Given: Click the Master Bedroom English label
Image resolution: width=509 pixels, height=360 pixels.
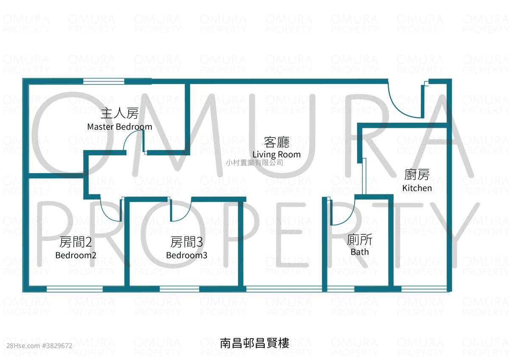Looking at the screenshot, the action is (x=120, y=127).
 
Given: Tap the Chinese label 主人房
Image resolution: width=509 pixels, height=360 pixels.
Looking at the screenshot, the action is (x=120, y=113).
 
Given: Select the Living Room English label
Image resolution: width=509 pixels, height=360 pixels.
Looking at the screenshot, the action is (x=277, y=155).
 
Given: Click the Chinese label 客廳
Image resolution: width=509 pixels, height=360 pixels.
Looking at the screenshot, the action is (x=277, y=142).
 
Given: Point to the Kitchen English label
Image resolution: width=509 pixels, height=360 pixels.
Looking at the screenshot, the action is (x=417, y=188).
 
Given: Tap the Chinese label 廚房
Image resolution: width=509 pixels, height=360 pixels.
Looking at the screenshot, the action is (x=417, y=174).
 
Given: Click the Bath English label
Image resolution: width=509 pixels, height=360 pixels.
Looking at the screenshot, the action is (x=360, y=252).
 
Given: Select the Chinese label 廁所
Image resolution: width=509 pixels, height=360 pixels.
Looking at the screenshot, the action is (x=360, y=239).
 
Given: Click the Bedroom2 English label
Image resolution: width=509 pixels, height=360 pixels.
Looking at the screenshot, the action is (x=76, y=255).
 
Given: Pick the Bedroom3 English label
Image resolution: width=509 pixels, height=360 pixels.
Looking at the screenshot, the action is (x=187, y=255).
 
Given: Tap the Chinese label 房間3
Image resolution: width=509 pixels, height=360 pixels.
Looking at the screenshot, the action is (x=187, y=242).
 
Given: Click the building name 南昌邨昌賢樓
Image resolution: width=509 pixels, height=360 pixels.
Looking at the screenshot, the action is (x=255, y=343).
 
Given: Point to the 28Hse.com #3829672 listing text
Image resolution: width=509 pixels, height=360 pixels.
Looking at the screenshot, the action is (x=39, y=346).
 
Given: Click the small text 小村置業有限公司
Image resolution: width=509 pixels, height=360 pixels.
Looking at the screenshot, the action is (x=255, y=163).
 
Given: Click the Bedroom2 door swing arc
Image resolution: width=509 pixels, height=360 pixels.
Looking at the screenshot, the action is (x=106, y=215).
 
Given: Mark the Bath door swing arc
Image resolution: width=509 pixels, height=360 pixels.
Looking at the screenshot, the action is (x=348, y=218).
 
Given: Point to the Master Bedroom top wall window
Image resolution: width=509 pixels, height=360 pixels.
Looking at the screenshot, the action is (x=104, y=82).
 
